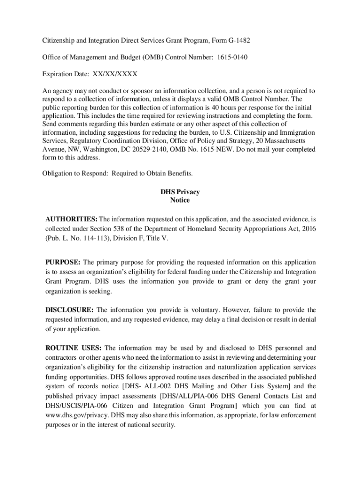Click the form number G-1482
[237, 41]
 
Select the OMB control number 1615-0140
[231, 58]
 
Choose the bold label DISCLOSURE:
[70, 310]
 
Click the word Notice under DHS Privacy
[180, 200]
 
